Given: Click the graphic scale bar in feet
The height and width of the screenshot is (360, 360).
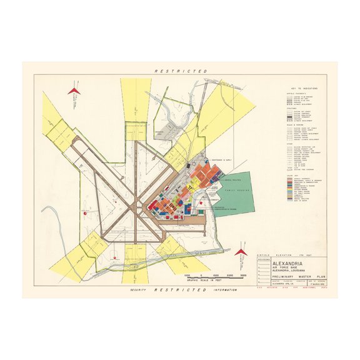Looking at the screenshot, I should [216, 277].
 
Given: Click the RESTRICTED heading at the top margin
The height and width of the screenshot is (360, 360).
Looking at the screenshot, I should [181, 72].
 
